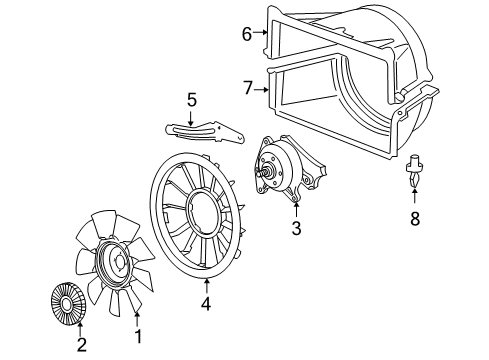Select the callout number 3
(x=296, y=229)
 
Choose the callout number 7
(x=247, y=87)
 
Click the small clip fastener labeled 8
(x=413, y=170)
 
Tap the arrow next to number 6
(x=262, y=34)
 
